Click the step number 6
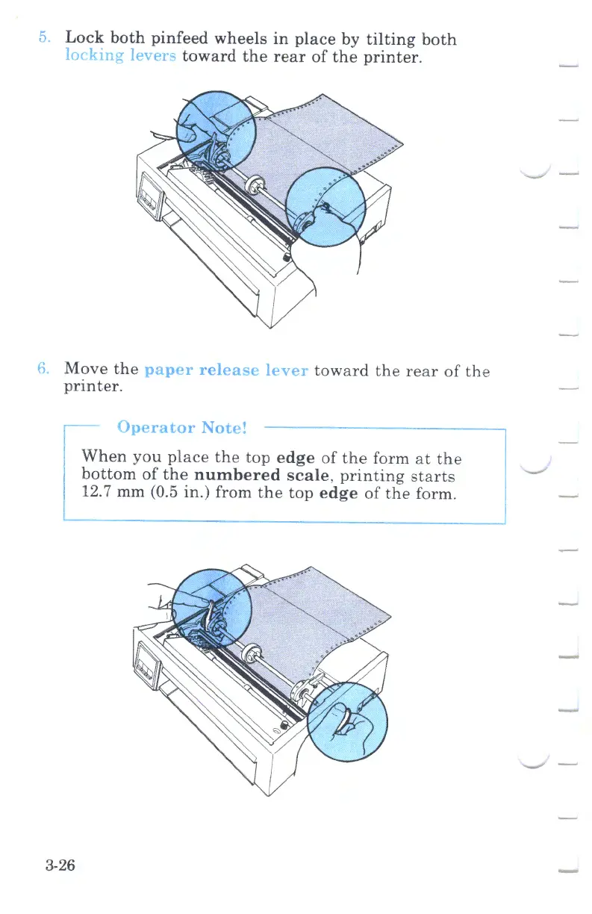(x=45, y=369)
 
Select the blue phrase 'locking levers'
(x=120, y=57)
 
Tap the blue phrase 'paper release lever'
(x=226, y=370)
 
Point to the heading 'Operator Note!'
(x=182, y=428)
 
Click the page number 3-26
(x=60, y=865)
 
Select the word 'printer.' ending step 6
(x=93, y=388)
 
